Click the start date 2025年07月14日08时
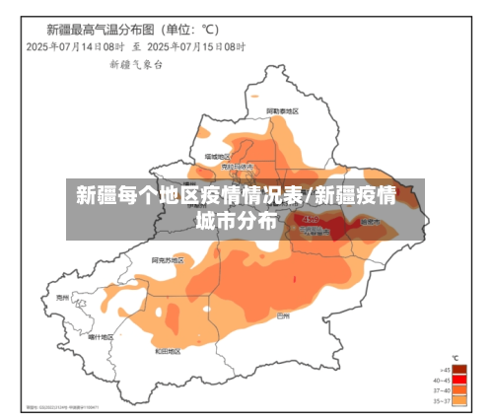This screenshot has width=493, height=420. [75, 45]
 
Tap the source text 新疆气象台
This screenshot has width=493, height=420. [136, 63]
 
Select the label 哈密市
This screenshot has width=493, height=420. [370, 223]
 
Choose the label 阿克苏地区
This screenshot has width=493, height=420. [163, 259]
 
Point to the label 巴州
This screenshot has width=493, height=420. [284, 315]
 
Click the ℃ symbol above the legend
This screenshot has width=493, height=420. [455, 358]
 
